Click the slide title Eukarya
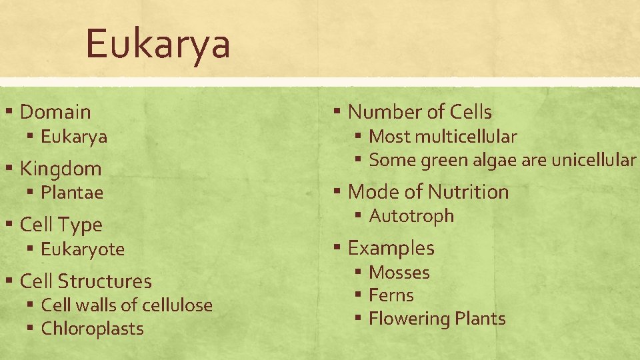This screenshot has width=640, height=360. [x=158, y=44]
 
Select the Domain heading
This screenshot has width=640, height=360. [x=55, y=112]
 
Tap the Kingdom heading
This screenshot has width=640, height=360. [x=61, y=169]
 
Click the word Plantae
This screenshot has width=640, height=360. [x=72, y=193]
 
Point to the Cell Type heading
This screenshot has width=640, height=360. [x=61, y=225]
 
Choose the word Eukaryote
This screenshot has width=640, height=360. [x=83, y=249]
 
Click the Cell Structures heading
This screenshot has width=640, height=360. [x=86, y=281]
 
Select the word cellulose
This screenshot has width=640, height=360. [x=177, y=305]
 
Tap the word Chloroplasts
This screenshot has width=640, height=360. [x=92, y=329]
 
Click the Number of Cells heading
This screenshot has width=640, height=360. [x=420, y=112]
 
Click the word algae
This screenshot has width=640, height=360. [x=475, y=160]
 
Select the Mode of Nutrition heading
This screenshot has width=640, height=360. [x=428, y=192]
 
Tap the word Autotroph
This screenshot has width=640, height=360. [x=411, y=216]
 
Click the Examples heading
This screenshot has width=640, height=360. [x=391, y=248]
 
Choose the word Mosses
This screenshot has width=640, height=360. [x=399, y=273]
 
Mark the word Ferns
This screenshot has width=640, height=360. [x=391, y=295]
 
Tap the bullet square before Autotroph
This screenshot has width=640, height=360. [x=358, y=216]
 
